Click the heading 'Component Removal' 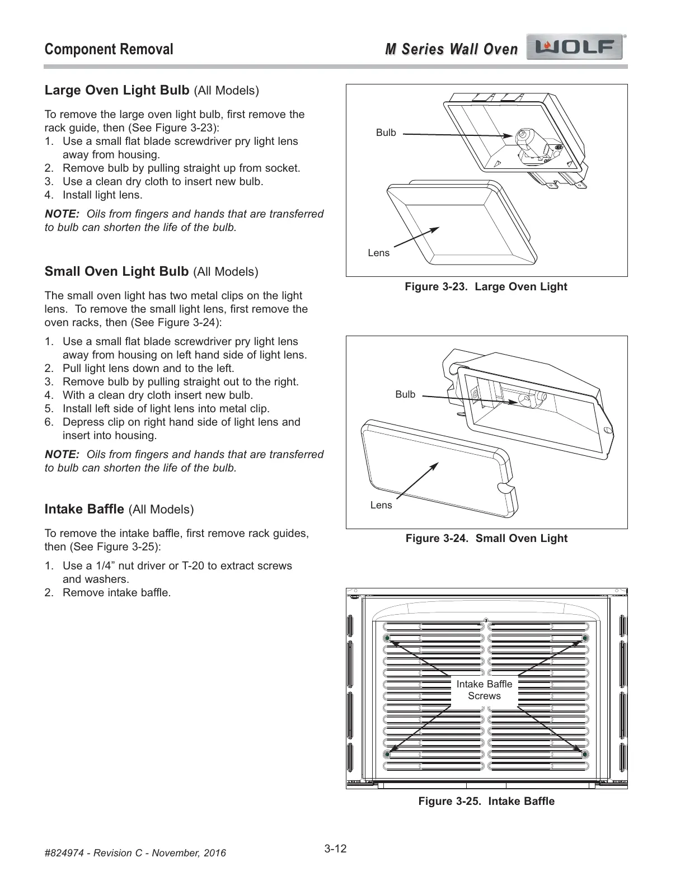point(109,49)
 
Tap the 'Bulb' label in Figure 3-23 point(386,133)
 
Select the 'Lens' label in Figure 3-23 point(378,253)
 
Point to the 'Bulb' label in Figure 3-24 point(405,394)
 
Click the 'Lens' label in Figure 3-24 point(381,505)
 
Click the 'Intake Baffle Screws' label point(484,690)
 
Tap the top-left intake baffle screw point(386,638)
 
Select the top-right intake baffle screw point(585,638)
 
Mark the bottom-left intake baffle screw point(386,755)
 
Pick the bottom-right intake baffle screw point(585,755)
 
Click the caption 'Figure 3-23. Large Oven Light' point(486,286)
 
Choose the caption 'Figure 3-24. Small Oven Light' point(486,538)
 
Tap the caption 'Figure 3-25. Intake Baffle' point(486,801)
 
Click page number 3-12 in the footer point(335,849)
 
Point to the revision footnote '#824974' point(135,853)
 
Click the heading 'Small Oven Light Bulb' point(116,271)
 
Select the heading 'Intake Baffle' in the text point(84,509)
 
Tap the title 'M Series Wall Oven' point(451,49)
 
